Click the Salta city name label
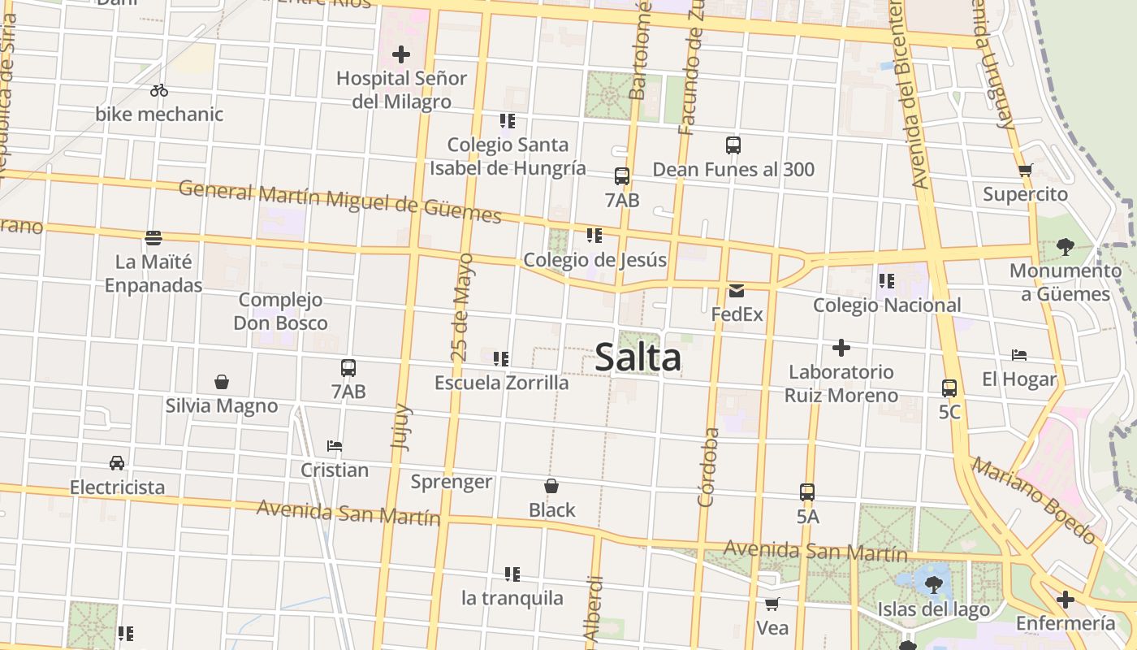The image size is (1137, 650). pyautogui.click(x=638, y=357)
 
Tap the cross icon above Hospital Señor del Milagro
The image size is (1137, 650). pyautogui.click(x=401, y=54)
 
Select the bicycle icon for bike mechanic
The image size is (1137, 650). pyautogui.click(x=159, y=90)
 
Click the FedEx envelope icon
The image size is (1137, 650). pyautogui.click(x=737, y=291)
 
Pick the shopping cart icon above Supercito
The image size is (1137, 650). pyautogui.click(x=1025, y=171)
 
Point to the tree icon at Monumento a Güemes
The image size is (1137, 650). pyautogui.click(x=1066, y=246)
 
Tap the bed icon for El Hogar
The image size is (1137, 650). pyautogui.click(x=1019, y=355)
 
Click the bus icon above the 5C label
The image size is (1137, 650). pyautogui.click(x=949, y=388)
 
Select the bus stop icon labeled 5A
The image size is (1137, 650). pyautogui.click(x=806, y=492)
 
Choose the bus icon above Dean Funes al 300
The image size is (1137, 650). pyautogui.click(x=733, y=146)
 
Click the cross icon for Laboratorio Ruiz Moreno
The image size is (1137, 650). pyautogui.click(x=841, y=349)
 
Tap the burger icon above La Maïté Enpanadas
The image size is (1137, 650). pyautogui.click(x=153, y=238)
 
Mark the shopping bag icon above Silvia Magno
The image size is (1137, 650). pyautogui.click(x=222, y=382)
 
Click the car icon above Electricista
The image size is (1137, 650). pyautogui.click(x=117, y=463)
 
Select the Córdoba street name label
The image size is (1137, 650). pyautogui.click(x=708, y=467)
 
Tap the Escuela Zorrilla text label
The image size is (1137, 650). pyautogui.click(x=501, y=382)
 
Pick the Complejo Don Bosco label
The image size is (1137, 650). pyautogui.click(x=281, y=311)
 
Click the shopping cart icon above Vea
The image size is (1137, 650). pyautogui.click(x=772, y=604)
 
